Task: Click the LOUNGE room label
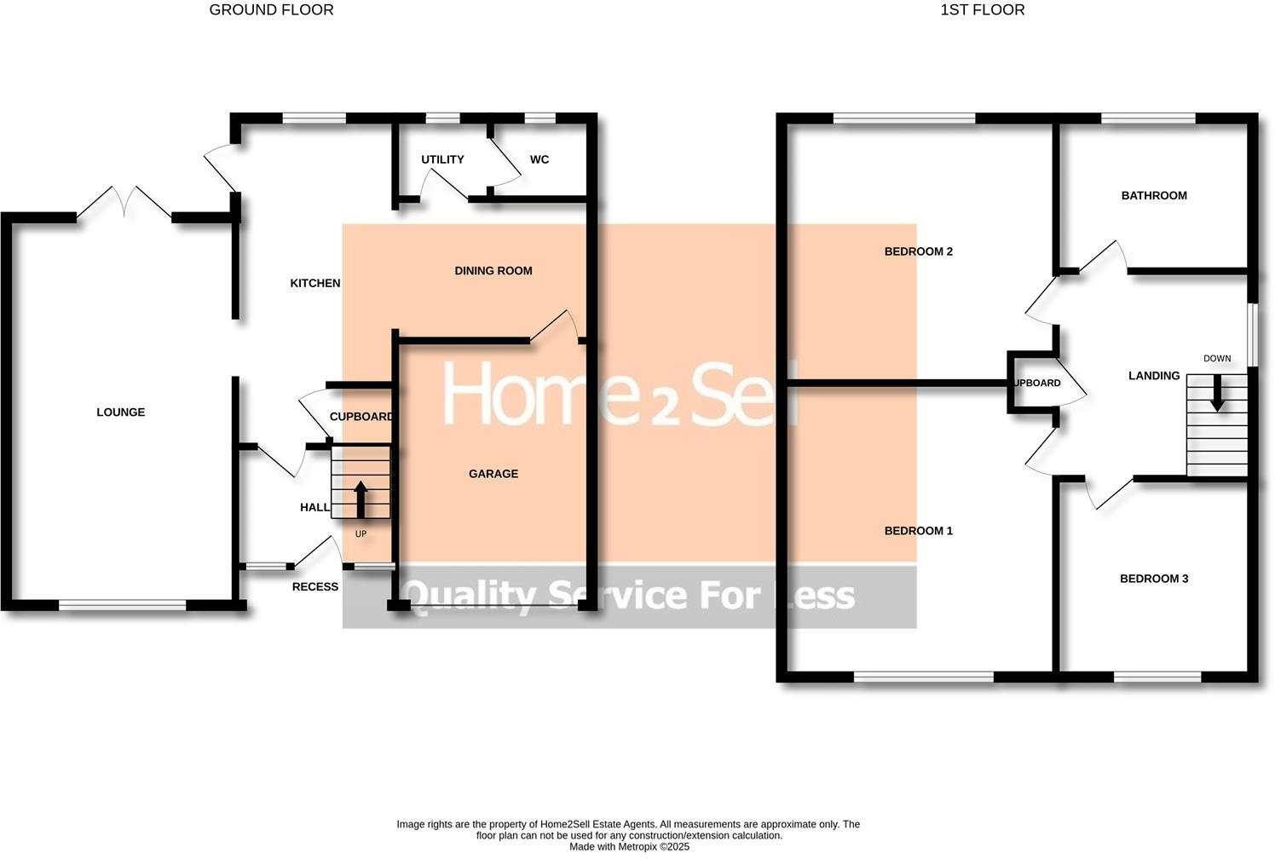pyautogui.click(x=120, y=412)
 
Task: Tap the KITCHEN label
pyautogui.click(x=315, y=283)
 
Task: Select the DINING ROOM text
pyautogui.click(x=493, y=271)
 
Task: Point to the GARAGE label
pyautogui.click(x=493, y=474)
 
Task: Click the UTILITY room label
pyautogui.click(x=442, y=159)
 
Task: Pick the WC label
pyautogui.click(x=539, y=159)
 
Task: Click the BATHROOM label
pyautogui.click(x=1153, y=195)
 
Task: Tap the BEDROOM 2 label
pyautogui.click(x=918, y=251)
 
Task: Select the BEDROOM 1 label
pyautogui.click(x=918, y=531)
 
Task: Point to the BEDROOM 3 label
pyautogui.click(x=1153, y=579)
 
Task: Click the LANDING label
pyautogui.click(x=1153, y=376)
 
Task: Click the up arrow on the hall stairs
pyautogui.click(x=360, y=499)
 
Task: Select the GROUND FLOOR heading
pyautogui.click(x=271, y=10)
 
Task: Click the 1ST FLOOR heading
pyautogui.click(x=982, y=10)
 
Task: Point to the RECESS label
pyautogui.click(x=314, y=586)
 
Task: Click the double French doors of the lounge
pyautogui.click(x=124, y=203)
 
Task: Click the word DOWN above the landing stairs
pyautogui.click(x=1216, y=359)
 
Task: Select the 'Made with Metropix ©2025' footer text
pyautogui.click(x=628, y=847)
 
